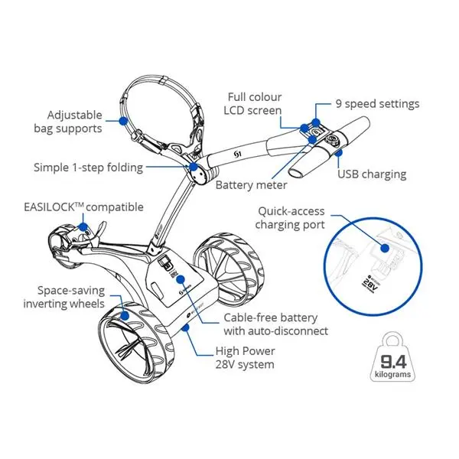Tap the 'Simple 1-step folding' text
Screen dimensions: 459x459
tap(88, 167)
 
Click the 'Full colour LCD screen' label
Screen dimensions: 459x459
tap(254, 104)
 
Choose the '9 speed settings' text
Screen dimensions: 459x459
tap(376, 104)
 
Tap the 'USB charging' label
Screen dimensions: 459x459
tap(372, 174)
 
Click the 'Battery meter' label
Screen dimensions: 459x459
tap(251, 185)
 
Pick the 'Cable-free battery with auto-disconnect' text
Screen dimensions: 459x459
tap(275, 324)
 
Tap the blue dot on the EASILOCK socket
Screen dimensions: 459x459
tap(86, 228)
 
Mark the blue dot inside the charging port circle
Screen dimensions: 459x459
tap(397, 239)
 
